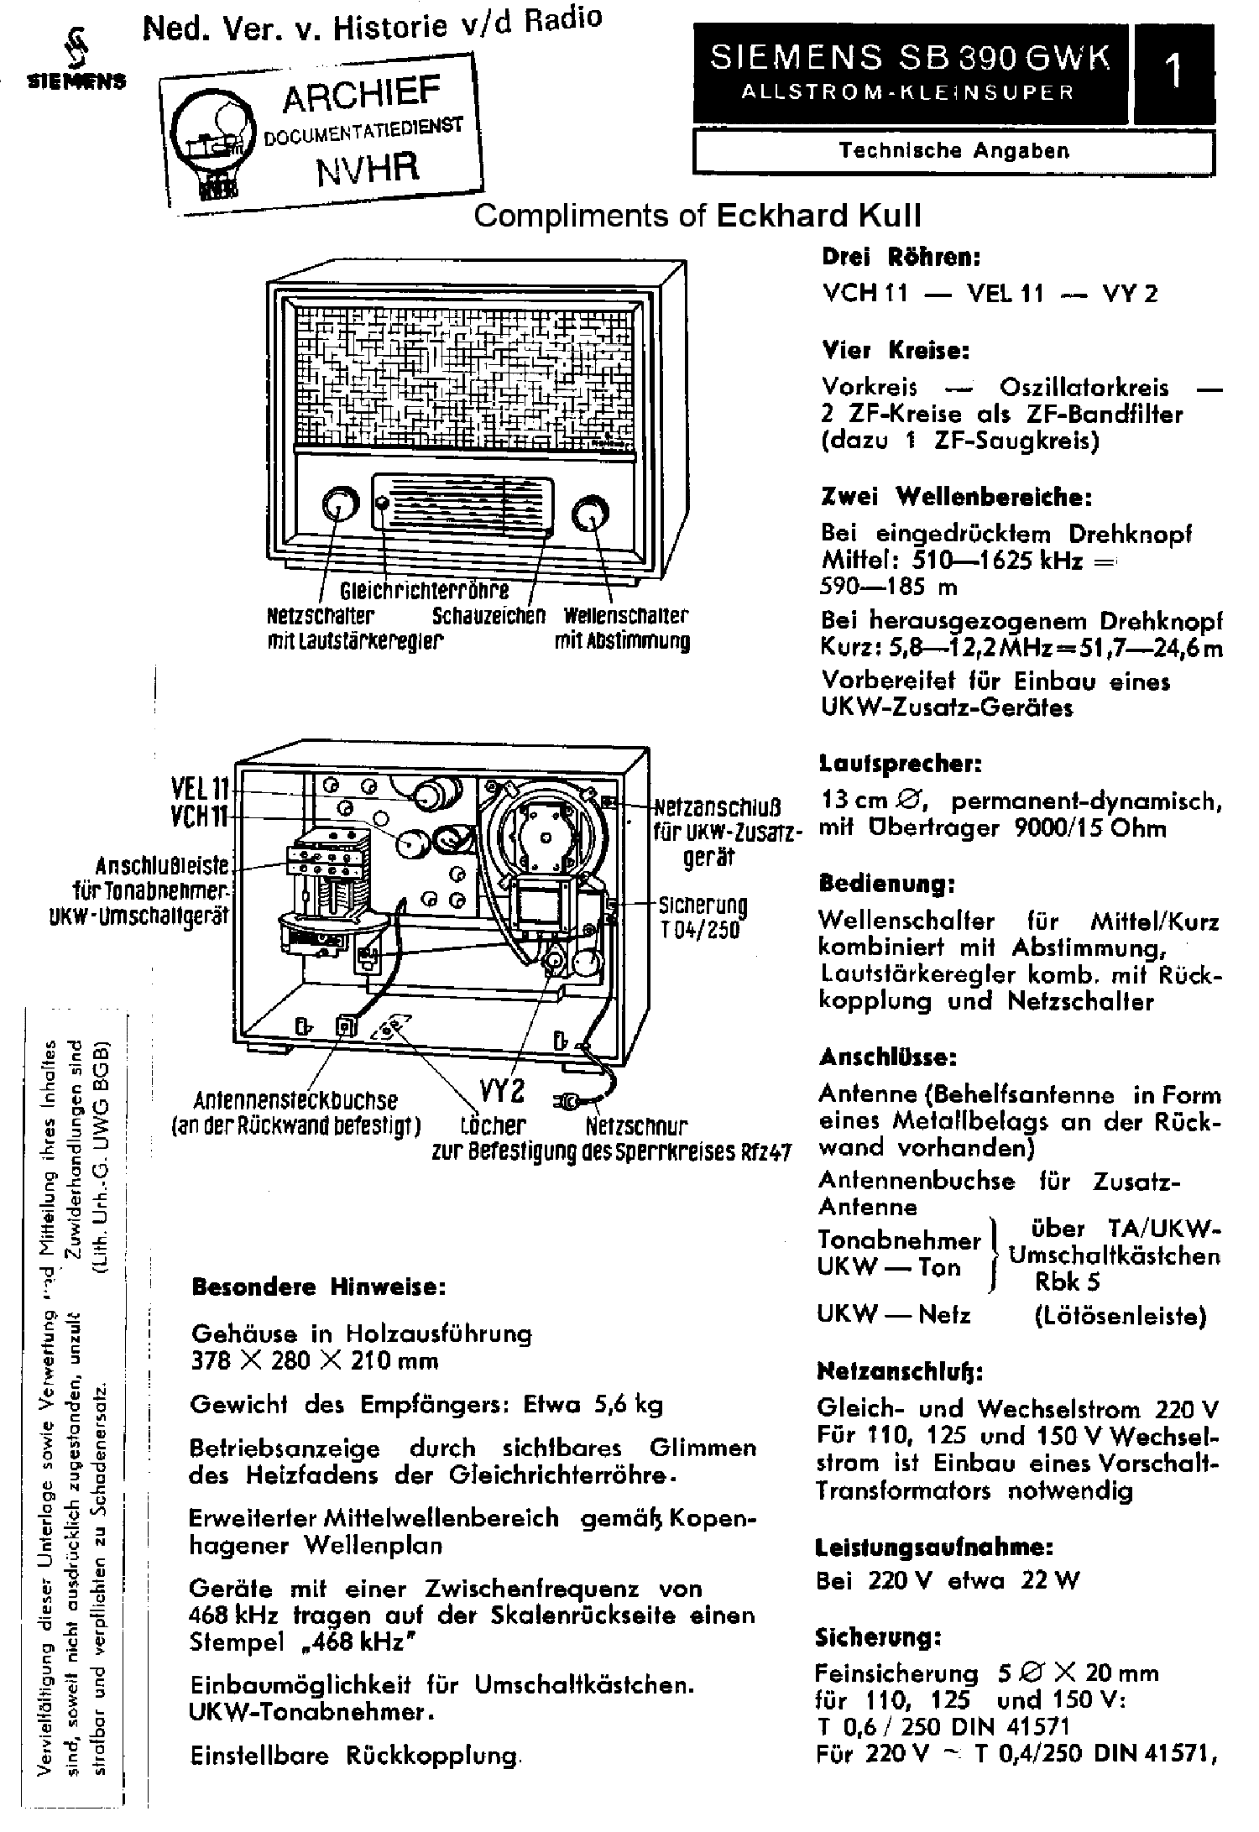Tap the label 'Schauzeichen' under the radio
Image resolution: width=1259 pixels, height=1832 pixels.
(x=488, y=616)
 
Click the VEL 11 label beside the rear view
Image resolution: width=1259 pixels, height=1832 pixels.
(x=200, y=788)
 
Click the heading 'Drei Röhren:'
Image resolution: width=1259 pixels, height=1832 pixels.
(x=901, y=258)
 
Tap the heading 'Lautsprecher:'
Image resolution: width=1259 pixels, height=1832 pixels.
(x=900, y=764)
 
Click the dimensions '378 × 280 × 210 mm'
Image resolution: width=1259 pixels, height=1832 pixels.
(x=314, y=1360)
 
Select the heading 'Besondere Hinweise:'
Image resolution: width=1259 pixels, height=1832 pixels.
(x=318, y=1287)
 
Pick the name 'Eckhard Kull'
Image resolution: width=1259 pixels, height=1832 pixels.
(x=818, y=217)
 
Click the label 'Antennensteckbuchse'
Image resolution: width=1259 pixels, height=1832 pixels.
(x=295, y=1100)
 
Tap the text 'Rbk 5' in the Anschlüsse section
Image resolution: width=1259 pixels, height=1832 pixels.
(x=1067, y=1282)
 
